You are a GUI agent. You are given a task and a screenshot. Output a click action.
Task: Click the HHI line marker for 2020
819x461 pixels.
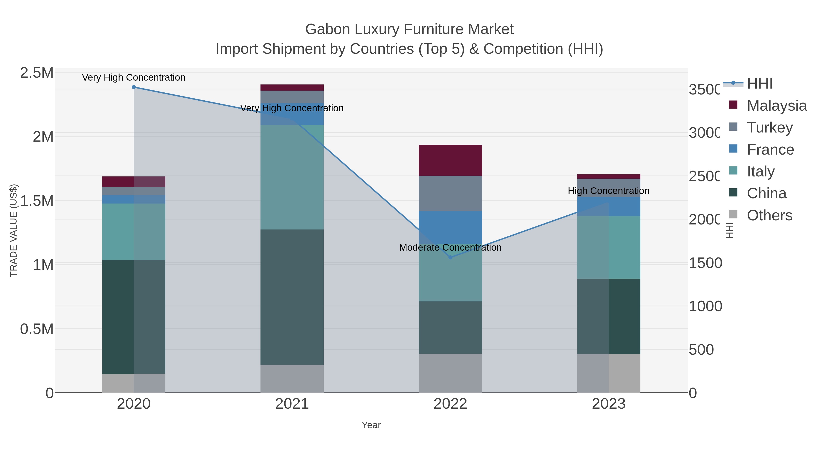pos(134,87)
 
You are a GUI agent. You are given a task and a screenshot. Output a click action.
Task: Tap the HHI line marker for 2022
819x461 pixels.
pos(450,257)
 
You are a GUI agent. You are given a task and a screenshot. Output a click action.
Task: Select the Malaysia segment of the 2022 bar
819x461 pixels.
pos(450,160)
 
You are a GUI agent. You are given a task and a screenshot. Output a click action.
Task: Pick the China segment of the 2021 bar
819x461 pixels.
pos(292,297)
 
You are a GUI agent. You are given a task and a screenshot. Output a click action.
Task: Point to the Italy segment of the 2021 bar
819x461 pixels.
pos(292,177)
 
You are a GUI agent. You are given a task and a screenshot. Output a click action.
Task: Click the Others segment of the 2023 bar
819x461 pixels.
pos(609,373)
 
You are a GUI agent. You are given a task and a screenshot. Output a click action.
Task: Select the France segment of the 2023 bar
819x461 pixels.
pos(609,206)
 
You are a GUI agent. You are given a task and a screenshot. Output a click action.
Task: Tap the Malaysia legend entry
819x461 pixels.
pos(776,106)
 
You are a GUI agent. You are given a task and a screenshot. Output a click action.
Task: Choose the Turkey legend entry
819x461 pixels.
pos(769,127)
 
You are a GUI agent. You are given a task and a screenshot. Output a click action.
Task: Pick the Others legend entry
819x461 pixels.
pos(769,215)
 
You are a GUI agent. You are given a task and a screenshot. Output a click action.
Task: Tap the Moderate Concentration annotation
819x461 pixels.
pos(450,247)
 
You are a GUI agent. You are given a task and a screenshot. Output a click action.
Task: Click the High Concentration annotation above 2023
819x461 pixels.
pos(609,191)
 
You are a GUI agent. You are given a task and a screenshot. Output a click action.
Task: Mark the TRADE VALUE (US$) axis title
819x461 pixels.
pos(13,230)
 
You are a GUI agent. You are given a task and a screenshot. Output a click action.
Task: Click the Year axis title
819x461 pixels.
pos(371,425)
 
